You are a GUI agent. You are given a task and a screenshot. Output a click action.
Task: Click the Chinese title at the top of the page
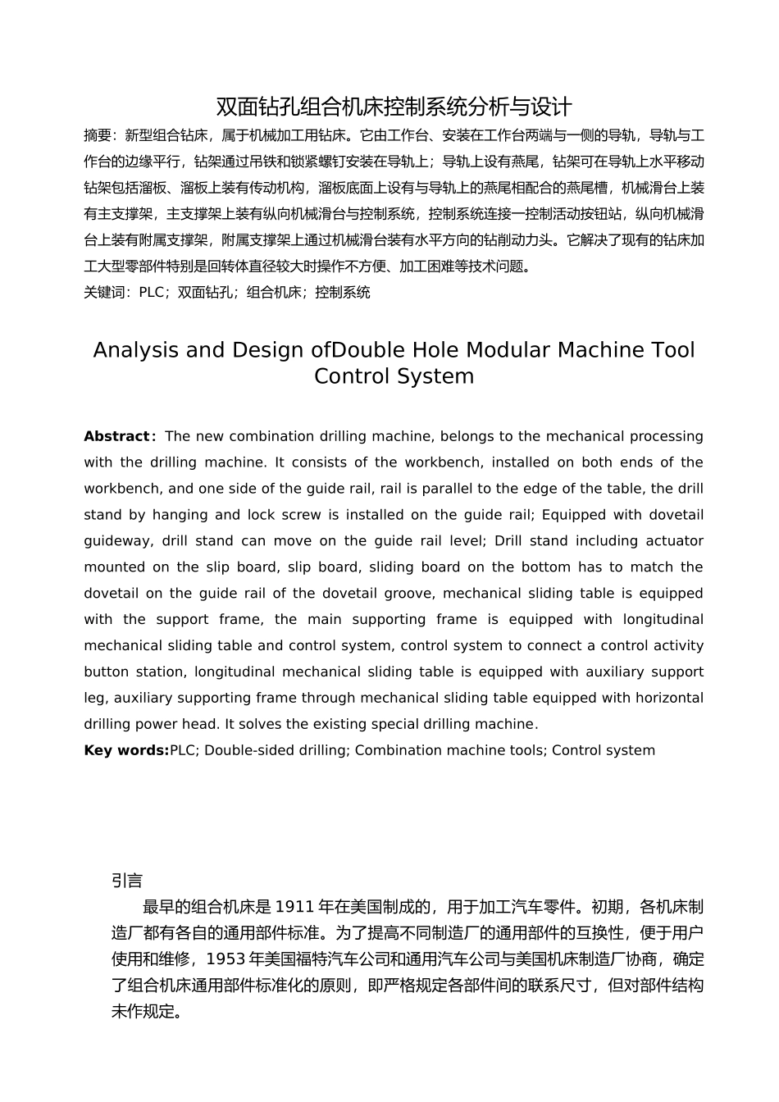point(394,107)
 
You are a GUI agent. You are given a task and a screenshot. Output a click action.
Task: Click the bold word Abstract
point(117,436)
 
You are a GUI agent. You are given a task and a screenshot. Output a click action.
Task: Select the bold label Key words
point(126,750)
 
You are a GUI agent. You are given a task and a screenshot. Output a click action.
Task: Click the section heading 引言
point(127,881)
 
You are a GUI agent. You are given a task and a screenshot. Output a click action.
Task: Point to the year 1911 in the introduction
point(295,907)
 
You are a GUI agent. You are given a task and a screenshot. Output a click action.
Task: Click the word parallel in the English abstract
point(448,489)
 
